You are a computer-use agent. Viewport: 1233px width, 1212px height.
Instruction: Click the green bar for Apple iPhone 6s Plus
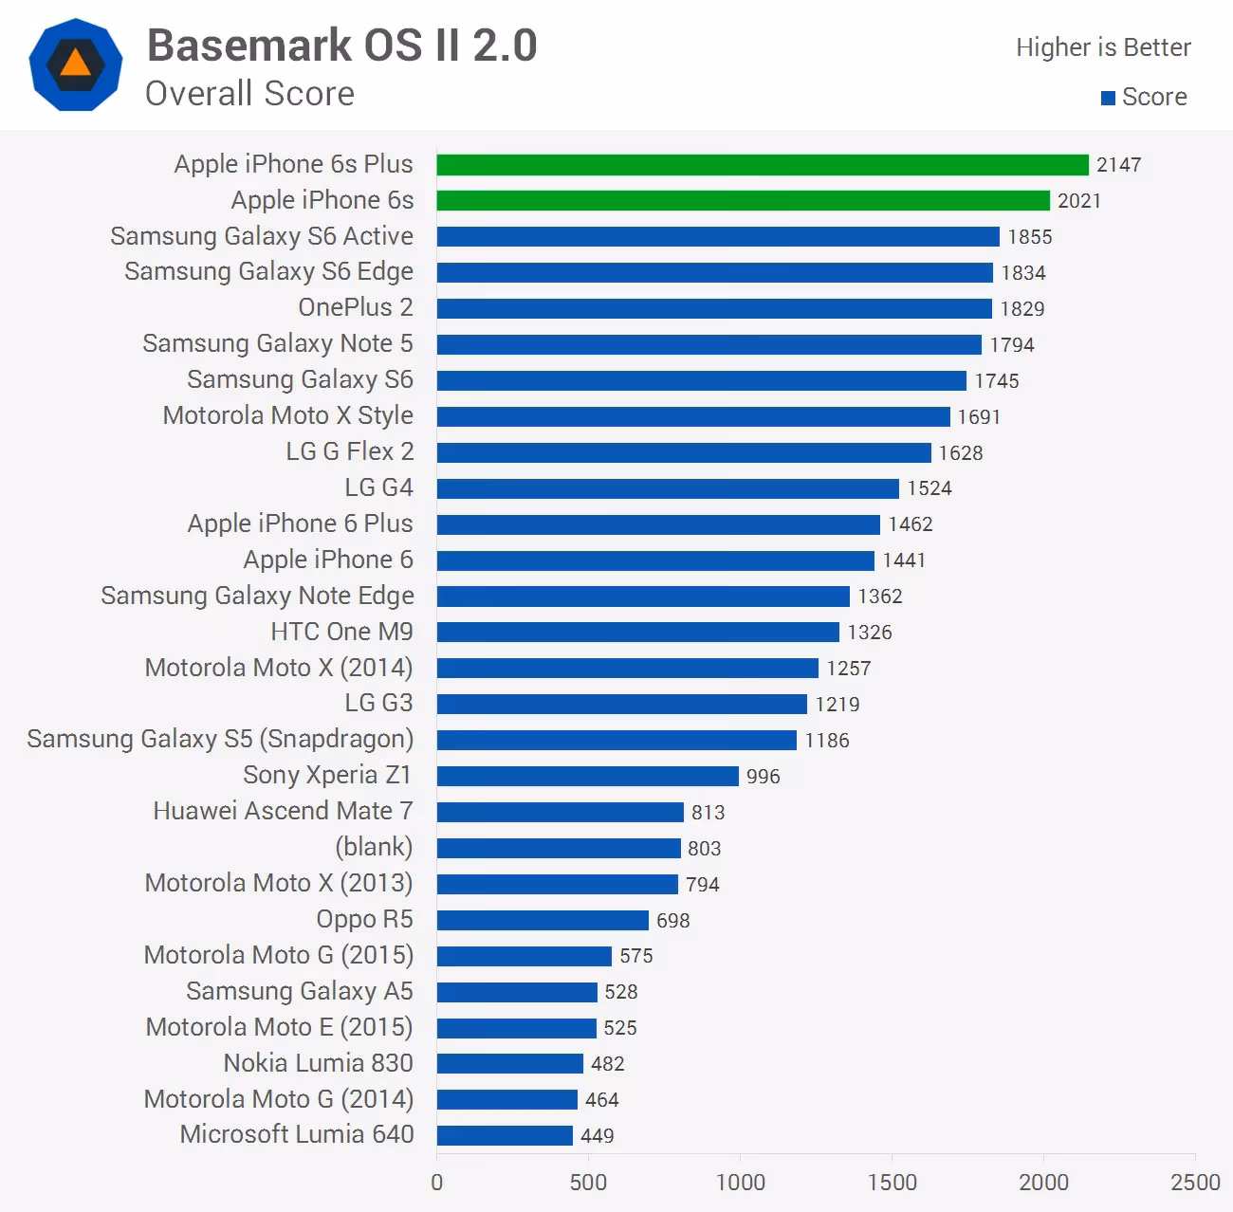[x=763, y=165]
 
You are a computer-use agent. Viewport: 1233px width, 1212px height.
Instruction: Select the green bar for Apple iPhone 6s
[x=743, y=201]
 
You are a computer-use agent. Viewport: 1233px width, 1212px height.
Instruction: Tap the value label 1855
[x=1030, y=237]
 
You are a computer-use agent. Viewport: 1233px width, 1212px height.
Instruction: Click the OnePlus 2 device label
[x=356, y=308]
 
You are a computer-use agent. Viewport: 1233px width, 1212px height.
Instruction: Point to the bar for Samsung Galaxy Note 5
[x=709, y=344]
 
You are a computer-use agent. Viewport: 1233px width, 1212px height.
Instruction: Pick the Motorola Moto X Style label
[x=287, y=416]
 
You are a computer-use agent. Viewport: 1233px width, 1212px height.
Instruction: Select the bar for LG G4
[x=668, y=488]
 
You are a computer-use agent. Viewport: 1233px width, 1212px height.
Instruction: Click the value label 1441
[x=904, y=560]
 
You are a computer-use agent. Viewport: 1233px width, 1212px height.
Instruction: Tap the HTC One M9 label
[x=341, y=633]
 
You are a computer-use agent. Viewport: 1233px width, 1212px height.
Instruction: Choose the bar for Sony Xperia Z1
[x=587, y=776]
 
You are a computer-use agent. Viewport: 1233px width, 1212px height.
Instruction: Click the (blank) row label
[x=374, y=847]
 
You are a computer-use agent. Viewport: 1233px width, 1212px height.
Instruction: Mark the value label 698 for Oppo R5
[x=673, y=920]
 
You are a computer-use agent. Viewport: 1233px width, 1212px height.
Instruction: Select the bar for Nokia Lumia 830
[x=509, y=1064]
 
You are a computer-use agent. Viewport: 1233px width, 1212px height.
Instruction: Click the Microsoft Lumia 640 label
[x=297, y=1134]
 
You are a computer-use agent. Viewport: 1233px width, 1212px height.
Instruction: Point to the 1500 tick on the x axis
[x=892, y=1183]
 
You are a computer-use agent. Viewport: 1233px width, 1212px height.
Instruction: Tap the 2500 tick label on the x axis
[x=1194, y=1183]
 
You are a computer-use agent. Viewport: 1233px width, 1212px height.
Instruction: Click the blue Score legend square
[x=1108, y=98]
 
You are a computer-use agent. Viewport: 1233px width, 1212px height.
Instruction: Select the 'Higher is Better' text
[x=1103, y=47]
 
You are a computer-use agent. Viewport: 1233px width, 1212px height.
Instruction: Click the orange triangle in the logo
[x=76, y=64]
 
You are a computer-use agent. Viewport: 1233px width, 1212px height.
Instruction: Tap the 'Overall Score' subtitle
[x=249, y=94]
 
